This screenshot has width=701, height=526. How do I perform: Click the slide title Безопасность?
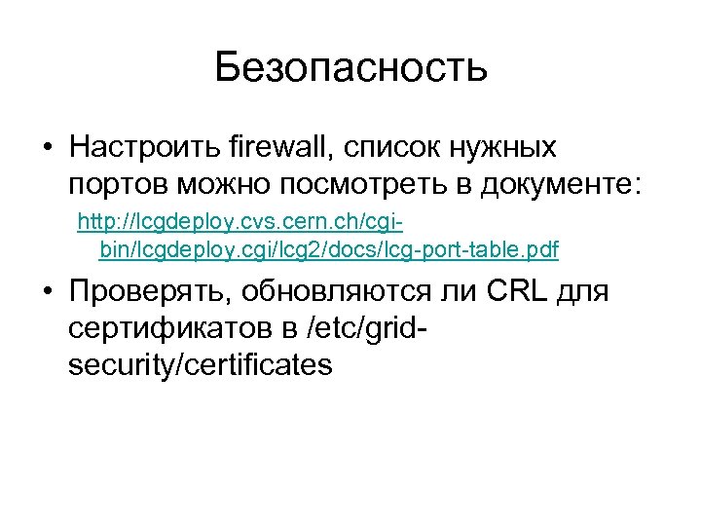tap(350, 67)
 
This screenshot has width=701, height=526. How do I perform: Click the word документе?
tap(539, 184)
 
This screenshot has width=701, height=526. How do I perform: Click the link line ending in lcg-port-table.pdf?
tap(329, 251)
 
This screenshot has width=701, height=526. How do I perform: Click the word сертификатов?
tap(169, 328)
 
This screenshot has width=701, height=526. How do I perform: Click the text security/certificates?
tap(201, 364)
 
